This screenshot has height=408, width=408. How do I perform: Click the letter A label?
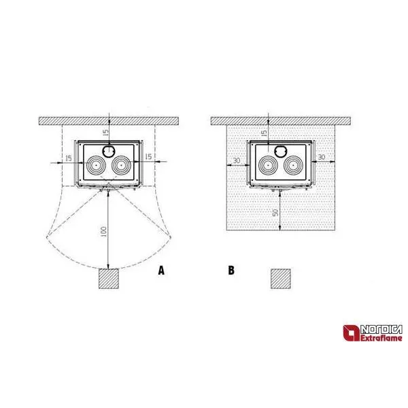point(161,271)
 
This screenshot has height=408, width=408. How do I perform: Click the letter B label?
point(231,271)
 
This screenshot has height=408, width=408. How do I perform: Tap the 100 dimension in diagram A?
point(103,231)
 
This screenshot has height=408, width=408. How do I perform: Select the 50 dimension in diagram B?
point(275,212)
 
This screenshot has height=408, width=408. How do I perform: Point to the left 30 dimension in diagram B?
point(237,160)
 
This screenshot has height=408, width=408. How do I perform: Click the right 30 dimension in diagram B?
point(322,157)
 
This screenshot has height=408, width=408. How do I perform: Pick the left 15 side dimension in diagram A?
point(69,158)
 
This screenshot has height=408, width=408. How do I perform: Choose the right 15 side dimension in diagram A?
point(148,156)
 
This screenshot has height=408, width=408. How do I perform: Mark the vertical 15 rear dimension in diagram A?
point(105,132)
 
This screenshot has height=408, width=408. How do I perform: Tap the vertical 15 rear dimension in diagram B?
point(264,133)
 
